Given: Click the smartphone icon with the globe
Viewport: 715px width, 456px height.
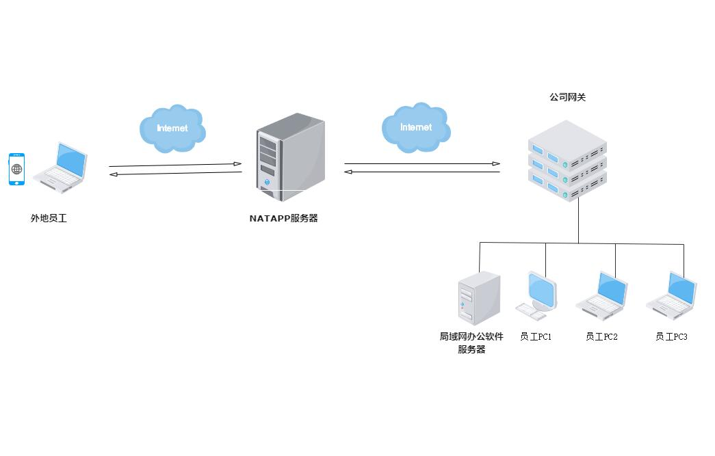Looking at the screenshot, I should point(16,169).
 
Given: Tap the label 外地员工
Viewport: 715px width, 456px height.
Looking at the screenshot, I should point(49,219).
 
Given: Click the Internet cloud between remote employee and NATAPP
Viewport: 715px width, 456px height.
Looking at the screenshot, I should point(172,129).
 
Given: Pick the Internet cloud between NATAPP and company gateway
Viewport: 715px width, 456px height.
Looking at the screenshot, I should point(416,128).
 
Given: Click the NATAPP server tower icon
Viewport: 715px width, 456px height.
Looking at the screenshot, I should point(290,157).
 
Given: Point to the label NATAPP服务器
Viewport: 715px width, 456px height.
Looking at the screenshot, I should point(283,219).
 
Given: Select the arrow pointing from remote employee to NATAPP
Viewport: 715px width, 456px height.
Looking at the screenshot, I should point(175,165).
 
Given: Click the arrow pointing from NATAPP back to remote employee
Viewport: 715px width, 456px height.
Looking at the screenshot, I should point(175,174).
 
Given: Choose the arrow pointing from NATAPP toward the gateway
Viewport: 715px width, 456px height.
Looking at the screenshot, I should point(421,163).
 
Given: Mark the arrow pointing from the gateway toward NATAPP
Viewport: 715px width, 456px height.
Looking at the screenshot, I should point(421,172).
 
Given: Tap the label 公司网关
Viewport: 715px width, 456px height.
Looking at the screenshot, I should point(567,98).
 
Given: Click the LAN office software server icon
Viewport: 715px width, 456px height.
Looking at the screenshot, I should point(479,298).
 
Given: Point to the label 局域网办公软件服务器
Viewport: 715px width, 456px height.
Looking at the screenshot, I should point(471,343).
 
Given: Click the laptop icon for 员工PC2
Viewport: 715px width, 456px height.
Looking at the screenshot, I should point(602,296).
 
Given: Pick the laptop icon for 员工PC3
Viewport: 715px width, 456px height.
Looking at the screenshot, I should point(672,296).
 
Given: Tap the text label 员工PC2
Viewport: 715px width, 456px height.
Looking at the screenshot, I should point(601,337).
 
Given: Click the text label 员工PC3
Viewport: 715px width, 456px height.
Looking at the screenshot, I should point(671,337).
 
